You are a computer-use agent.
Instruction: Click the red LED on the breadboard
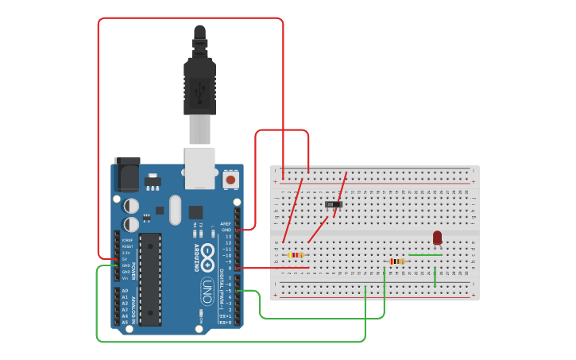click(x=437, y=237)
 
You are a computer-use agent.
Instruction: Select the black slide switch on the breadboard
click(x=334, y=204)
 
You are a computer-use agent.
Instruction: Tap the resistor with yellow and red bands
click(x=296, y=255)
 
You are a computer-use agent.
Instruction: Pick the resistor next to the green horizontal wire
click(x=396, y=261)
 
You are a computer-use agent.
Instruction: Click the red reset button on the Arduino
click(x=230, y=180)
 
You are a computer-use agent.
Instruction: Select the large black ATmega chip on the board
click(x=150, y=279)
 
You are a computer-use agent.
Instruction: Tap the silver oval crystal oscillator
click(x=175, y=211)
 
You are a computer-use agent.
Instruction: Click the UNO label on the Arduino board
click(x=207, y=290)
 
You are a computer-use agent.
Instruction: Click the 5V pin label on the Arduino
click(x=125, y=258)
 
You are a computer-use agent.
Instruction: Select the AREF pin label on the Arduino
click(x=226, y=223)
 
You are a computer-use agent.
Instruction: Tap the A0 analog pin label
click(x=125, y=291)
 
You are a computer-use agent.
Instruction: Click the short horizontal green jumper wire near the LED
click(x=425, y=255)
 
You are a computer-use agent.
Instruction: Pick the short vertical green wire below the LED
click(x=435, y=276)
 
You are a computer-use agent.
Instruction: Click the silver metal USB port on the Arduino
click(x=199, y=167)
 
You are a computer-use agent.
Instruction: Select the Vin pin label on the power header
click(x=125, y=277)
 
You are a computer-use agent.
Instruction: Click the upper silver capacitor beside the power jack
click(x=131, y=206)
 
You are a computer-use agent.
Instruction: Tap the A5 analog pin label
click(x=125, y=322)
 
